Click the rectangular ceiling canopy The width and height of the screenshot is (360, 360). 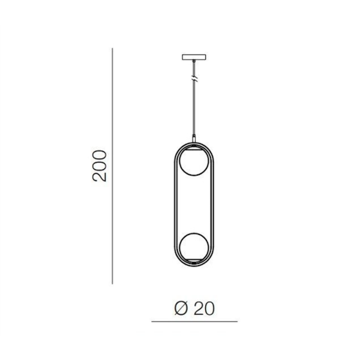(194, 57)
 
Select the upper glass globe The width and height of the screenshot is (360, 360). (194, 161)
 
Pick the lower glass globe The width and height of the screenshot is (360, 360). (194, 247)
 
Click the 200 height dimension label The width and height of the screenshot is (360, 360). (100, 166)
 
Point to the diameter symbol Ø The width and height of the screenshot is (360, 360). (181, 308)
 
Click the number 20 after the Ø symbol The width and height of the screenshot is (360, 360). (205, 308)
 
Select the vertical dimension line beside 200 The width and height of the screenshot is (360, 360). (112, 166)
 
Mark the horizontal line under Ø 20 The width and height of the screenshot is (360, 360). (194, 322)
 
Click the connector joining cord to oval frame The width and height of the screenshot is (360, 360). (194, 139)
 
